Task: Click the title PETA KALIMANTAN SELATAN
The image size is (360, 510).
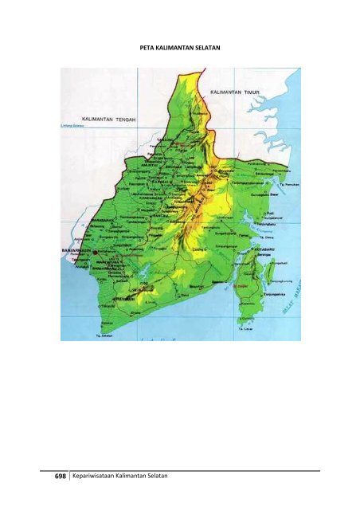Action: point(179,48)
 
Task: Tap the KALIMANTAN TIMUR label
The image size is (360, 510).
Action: point(236,92)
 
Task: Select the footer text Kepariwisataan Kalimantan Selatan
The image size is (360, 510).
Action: point(122,476)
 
